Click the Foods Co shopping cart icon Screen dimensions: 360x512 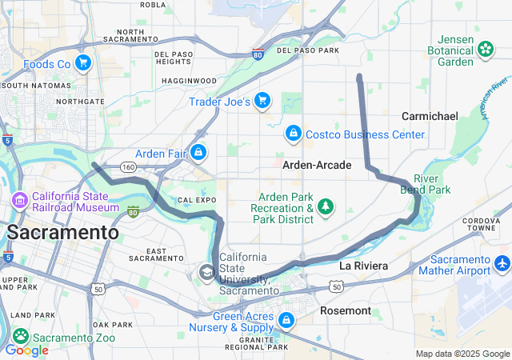point(82,62)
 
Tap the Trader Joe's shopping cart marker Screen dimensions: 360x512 point(262,102)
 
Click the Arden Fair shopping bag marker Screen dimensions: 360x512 point(198,152)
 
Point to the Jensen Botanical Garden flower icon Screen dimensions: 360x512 point(485,50)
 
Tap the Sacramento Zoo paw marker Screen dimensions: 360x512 point(21,337)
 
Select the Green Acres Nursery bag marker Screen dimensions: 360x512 point(286,321)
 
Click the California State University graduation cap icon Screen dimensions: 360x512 point(207,273)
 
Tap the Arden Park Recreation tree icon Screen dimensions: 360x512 point(326,208)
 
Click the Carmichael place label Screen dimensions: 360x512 point(430,116)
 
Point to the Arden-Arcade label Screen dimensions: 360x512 point(317,165)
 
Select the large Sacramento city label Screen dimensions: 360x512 point(62,233)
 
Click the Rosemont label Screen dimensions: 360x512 point(346,310)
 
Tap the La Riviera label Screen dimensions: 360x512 point(363,265)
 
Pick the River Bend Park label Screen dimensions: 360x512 point(431,184)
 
